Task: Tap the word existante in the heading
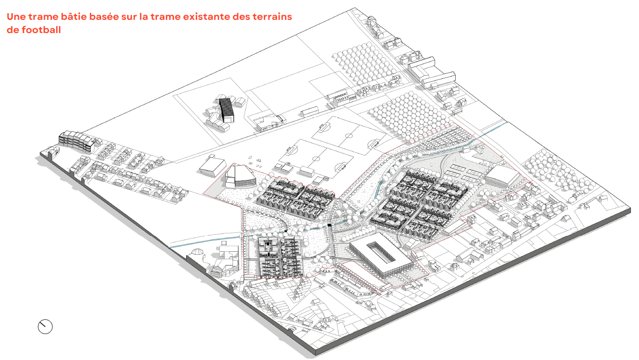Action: click(206, 17)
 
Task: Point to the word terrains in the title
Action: click(272, 17)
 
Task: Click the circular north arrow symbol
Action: click(45, 326)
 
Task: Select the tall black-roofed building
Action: click(226, 110)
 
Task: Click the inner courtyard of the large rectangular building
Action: click(381, 253)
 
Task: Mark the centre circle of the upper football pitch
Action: click(349, 136)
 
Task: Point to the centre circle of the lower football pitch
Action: click(316, 159)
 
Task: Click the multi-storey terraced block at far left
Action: click(77, 141)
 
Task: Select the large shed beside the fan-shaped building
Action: click(212, 166)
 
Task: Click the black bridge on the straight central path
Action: click(330, 225)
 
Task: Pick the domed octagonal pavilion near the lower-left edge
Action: click(198, 255)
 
